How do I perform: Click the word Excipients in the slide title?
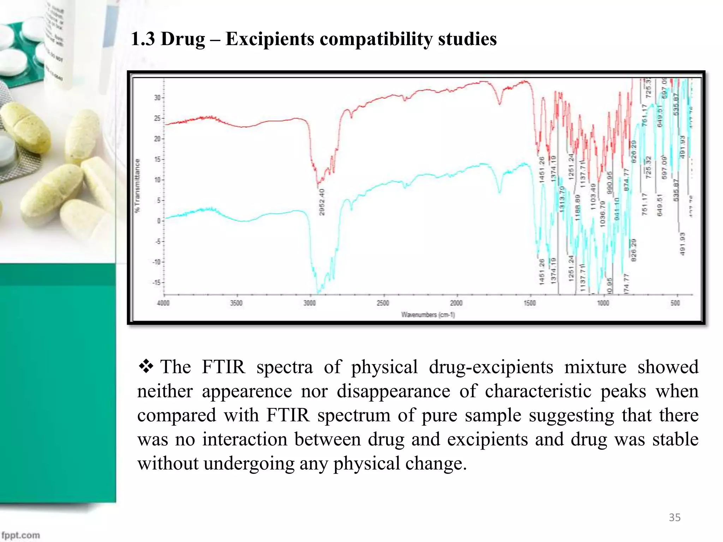coord(270,39)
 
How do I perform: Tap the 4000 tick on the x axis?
coord(163,303)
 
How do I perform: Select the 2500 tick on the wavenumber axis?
coord(383,303)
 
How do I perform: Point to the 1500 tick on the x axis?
coord(530,303)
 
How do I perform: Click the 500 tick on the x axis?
coord(675,303)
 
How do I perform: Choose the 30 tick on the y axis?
coord(157,98)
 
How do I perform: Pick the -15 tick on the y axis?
coord(156,283)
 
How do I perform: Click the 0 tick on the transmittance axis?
coord(159,221)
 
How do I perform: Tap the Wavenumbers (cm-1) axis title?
coord(428,315)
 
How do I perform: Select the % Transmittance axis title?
coord(137,186)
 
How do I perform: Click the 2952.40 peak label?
coord(322,202)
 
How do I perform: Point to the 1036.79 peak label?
coord(603,214)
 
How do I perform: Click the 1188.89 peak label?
coord(578,208)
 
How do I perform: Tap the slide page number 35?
coord(674,517)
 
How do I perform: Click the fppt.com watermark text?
coord(20,535)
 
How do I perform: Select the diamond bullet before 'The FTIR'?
coord(145,367)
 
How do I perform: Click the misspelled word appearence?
coord(247,391)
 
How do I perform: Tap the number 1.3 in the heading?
coord(143,39)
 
